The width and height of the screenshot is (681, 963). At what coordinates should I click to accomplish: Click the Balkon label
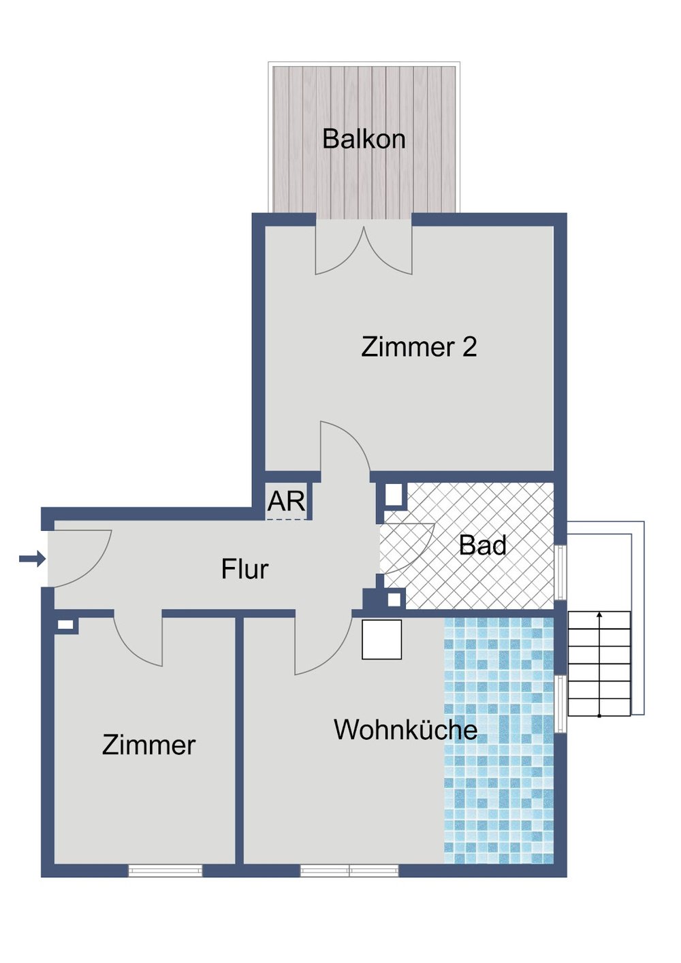point(364,140)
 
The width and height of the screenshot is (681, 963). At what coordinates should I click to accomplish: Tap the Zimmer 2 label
point(419,347)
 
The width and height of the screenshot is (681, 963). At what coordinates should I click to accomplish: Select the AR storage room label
point(286,502)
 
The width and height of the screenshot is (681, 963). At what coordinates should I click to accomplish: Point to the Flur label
point(244,570)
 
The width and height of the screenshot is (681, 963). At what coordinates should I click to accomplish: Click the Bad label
point(483,545)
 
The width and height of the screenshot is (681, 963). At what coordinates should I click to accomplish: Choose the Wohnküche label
point(405,730)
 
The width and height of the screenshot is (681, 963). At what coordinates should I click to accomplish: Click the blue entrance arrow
point(32,559)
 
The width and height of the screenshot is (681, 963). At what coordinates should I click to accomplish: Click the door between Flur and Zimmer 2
point(345,449)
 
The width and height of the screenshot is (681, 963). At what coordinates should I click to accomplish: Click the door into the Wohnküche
point(320,643)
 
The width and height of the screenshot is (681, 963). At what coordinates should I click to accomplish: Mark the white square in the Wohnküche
point(381,639)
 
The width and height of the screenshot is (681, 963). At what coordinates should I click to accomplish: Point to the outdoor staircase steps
point(599,664)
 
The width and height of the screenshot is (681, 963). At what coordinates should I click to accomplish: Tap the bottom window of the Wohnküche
point(349,870)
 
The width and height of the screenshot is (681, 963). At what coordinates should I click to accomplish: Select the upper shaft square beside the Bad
point(394,495)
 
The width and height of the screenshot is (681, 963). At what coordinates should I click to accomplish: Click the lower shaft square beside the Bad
point(394,600)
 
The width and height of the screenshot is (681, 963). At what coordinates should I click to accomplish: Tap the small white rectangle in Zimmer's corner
point(65,625)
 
